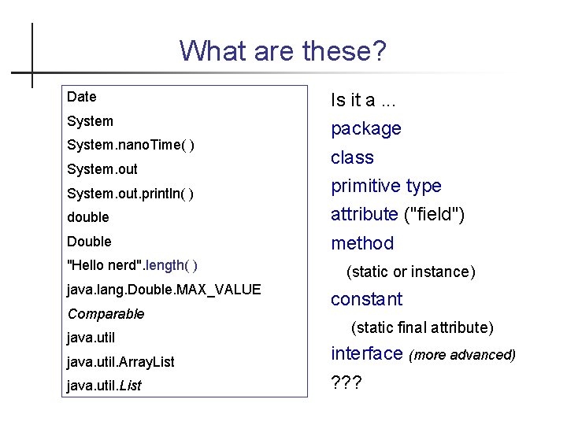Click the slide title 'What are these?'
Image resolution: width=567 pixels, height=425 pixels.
283,51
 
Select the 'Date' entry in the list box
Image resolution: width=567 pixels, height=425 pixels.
82,97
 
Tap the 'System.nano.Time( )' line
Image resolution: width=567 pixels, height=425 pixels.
132,145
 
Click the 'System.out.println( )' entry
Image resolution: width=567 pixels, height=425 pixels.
131,193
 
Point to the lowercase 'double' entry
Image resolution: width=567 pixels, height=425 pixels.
88,217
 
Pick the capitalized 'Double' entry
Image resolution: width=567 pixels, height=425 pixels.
90,241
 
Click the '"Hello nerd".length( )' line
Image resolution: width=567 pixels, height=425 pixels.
133,265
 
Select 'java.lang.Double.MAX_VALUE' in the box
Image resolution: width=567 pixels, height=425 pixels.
164,290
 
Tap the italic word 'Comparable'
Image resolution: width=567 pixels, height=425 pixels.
106,314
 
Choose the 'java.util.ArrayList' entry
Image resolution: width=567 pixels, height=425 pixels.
121,362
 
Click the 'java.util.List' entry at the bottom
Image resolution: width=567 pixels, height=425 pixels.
105,386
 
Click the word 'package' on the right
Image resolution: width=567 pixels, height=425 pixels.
366,128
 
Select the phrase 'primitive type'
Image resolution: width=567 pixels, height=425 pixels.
386,186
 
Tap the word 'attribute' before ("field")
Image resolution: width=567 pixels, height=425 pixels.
364,214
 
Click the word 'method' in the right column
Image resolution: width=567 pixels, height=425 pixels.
362,243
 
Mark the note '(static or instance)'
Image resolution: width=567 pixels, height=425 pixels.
411,272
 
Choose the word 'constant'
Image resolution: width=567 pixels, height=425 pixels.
366,299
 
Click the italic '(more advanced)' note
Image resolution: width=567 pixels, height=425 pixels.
462,355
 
